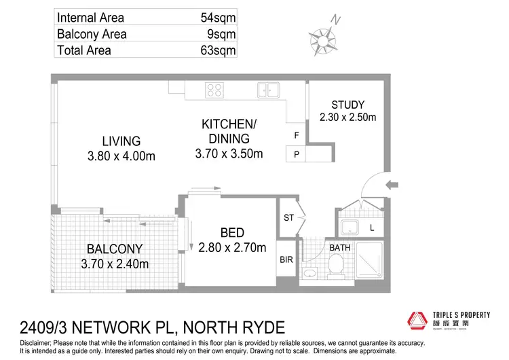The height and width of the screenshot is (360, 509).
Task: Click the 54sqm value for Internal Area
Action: [x=215, y=18]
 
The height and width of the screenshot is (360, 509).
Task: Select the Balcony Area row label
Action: [x=92, y=34]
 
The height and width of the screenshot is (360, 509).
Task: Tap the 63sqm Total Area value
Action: [x=215, y=50]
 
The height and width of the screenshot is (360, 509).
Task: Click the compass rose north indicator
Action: [x=322, y=33]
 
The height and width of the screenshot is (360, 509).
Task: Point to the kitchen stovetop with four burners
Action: [x=215, y=90]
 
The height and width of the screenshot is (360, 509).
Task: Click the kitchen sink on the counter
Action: [x=268, y=90]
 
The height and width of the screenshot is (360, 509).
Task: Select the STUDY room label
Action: [x=347, y=105]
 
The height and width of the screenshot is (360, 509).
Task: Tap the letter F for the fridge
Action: [x=297, y=135]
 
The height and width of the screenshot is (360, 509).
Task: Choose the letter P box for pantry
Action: [x=297, y=155]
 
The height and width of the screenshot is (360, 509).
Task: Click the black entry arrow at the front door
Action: [x=392, y=184]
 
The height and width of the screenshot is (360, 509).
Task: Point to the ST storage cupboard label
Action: [x=288, y=217]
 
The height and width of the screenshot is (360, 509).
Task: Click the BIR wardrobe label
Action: [x=287, y=259]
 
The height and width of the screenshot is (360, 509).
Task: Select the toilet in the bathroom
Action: [x=334, y=268]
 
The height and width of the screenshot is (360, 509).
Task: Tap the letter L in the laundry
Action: [x=371, y=228]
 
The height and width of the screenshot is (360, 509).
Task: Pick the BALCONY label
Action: [x=115, y=249]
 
